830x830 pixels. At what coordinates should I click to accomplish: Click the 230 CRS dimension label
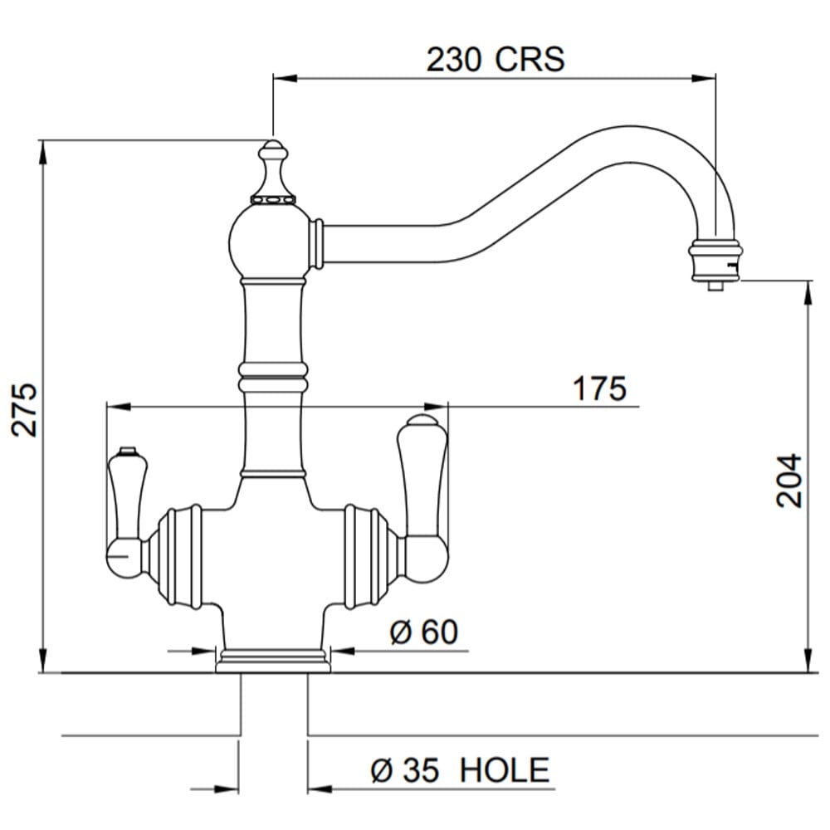point(496,59)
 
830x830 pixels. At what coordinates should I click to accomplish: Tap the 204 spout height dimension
point(789,480)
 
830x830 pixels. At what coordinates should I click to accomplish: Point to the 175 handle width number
point(600,388)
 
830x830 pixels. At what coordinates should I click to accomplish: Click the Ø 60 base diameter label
point(424,632)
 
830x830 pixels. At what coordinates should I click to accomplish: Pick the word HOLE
point(505,770)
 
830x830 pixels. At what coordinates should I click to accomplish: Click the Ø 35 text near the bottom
point(405,770)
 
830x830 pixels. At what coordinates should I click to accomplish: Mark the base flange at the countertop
point(272,662)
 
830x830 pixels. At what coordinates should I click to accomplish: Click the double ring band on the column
point(272,378)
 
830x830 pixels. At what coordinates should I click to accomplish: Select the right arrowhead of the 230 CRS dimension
point(704,79)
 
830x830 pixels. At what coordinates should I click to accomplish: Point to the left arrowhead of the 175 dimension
point(119,407)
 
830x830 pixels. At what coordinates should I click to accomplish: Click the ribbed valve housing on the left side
point(174,556)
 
